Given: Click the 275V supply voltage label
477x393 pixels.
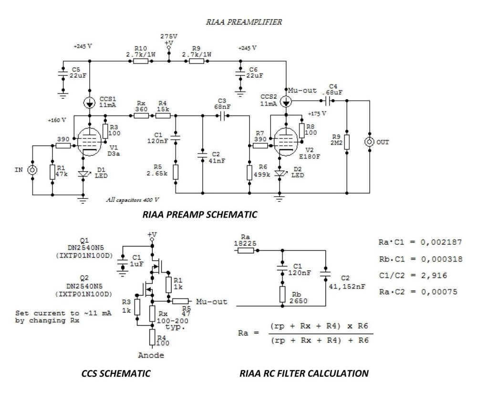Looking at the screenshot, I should click(169, 36).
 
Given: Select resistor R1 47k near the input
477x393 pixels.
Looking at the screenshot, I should click(51, 172).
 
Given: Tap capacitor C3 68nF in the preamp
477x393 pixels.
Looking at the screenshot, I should click(222, 115).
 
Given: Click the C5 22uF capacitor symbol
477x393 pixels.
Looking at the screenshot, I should click(62, 74).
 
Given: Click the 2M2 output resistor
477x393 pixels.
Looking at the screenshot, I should click(347, 142).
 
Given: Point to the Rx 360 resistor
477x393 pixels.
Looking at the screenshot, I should click(141, 115).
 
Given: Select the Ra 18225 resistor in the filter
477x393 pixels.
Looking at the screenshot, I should click(247, 249).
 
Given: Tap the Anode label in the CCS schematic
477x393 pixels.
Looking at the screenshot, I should click(151, 355).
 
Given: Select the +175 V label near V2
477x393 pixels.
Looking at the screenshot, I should click(318, 114).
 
